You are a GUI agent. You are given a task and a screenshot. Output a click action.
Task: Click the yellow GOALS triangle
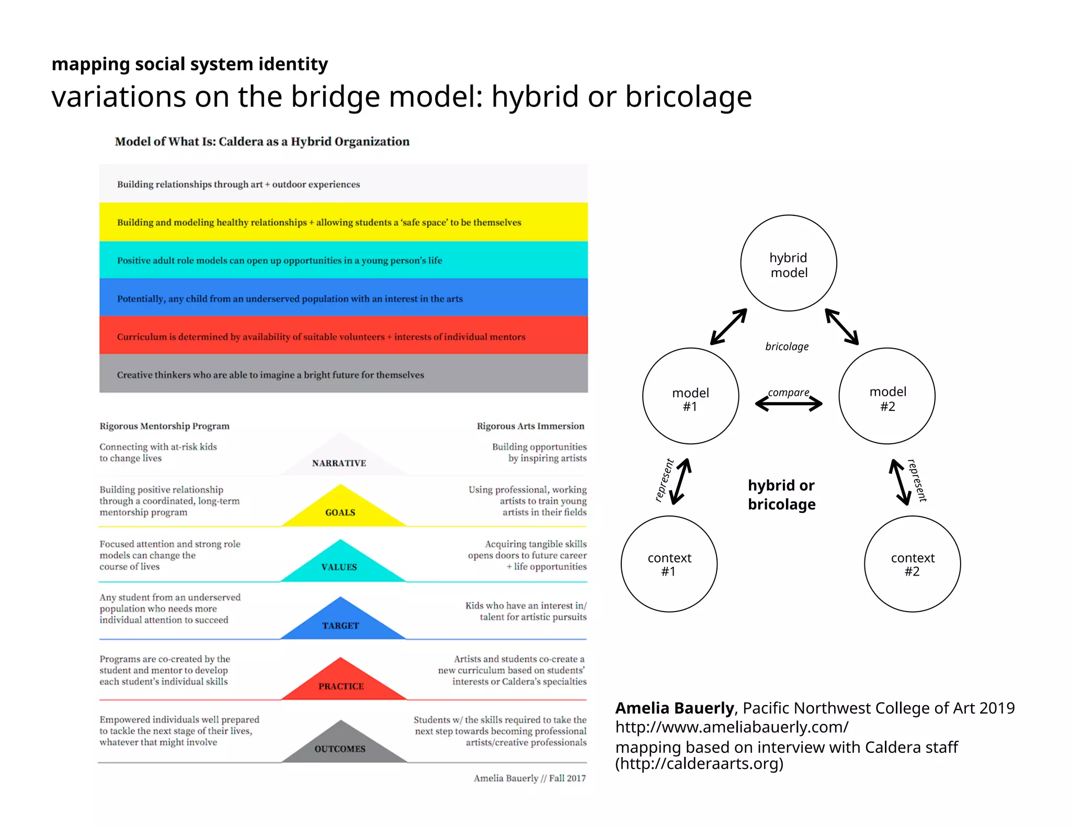click(341, 509)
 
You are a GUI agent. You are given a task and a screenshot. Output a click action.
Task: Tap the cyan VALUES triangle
click(340, 564)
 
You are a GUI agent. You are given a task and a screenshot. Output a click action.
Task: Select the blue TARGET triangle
click(340, 622)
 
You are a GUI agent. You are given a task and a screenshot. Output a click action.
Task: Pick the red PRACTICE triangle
click(341, 683)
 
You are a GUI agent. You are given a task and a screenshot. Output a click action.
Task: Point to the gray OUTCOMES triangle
click(341, 745)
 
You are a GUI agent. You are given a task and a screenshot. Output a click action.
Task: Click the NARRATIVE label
click(339, 463)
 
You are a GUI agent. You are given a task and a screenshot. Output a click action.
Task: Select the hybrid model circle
click(789, 263)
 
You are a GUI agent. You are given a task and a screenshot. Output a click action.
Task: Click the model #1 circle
click(690, 396)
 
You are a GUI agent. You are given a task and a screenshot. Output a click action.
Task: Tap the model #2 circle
click(887, 396)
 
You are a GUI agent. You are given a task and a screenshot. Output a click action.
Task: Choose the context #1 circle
click(669, 564)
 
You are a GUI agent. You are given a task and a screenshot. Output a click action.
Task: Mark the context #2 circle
click(912, 564)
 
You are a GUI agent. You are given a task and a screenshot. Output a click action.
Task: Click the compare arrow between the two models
click(789, 404)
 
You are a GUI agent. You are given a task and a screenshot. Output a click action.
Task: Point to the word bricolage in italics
click(787, 347)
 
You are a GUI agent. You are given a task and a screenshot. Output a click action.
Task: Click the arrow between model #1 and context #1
click(681, 481)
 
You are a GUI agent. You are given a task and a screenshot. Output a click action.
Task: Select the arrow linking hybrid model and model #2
click(841, 327)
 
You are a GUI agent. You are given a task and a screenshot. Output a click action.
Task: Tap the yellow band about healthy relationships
click(343, 222)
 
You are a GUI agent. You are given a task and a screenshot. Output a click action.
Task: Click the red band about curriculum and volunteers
click(343, 336)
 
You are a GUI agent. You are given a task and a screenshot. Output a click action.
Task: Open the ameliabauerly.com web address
click(732, 727)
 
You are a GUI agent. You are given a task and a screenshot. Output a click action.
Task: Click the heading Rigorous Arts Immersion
click(530, 426)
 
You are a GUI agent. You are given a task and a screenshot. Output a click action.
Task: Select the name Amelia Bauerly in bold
click(675, 708)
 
